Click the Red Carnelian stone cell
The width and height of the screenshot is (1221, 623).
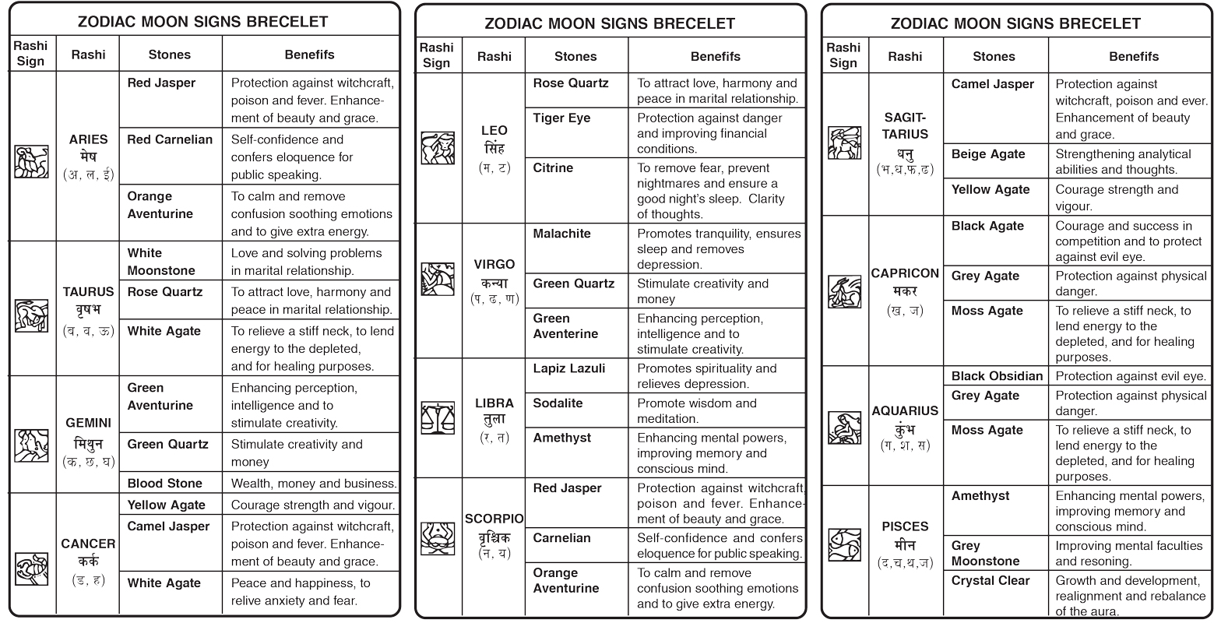click(170, 139)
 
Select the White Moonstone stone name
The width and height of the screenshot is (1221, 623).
click(161, 262)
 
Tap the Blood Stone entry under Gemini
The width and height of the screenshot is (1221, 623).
click(165, 484)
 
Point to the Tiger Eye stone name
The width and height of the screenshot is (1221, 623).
click(561, 118)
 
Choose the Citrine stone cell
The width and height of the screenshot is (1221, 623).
click(554, 168)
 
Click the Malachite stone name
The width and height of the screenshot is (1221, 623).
click(561, 234)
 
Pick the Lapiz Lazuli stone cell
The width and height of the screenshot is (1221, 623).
click(568, 368)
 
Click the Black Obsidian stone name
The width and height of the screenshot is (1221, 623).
click(997, 376)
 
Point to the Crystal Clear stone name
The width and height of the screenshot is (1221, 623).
click(991, 581)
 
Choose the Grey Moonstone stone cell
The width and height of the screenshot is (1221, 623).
click(985, 554)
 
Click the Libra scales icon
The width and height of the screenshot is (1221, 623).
click(437, 417)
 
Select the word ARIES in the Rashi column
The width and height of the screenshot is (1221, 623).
click(88, 139)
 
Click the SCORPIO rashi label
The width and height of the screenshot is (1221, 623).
click(494, 519)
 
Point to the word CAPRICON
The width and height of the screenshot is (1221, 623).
click(905, 273)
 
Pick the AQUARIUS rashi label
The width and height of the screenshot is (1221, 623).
click(905, 411)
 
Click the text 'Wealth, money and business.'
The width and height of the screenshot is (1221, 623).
click(314, 484)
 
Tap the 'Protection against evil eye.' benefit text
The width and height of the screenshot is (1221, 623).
click(1131, 376)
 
